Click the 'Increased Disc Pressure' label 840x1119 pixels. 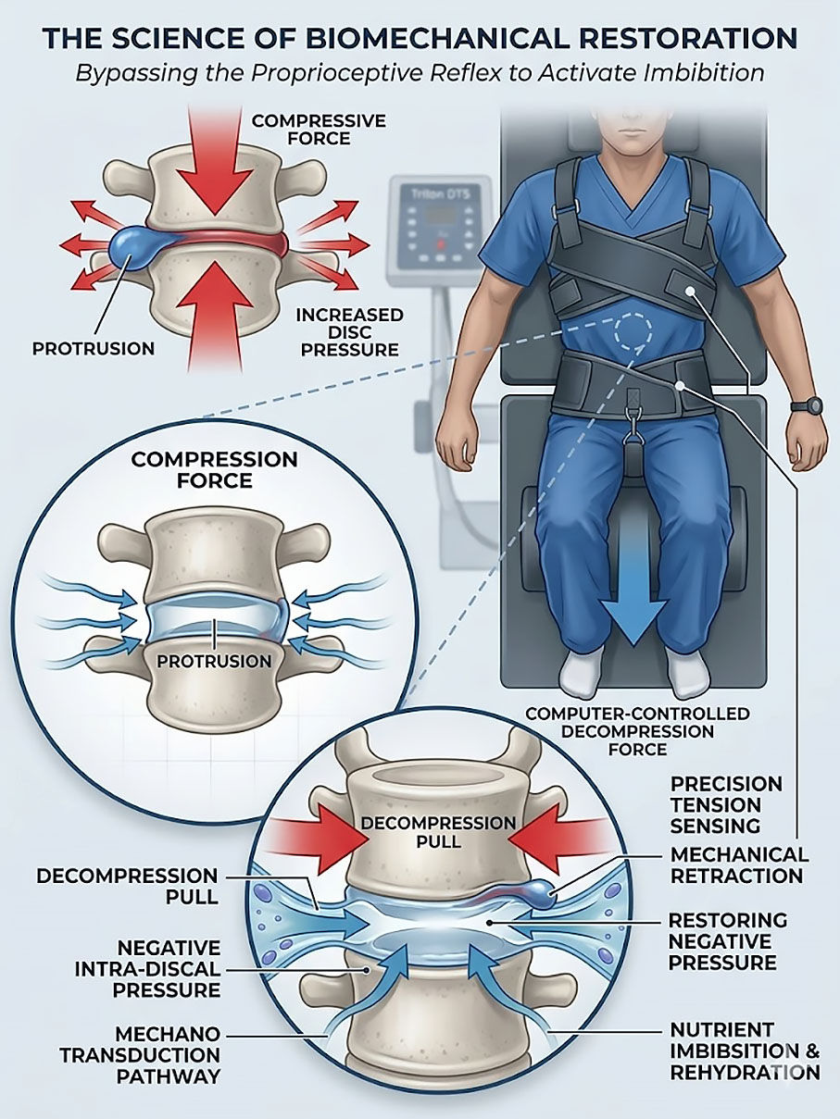(349, 331)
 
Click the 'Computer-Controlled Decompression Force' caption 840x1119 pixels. (637, 731)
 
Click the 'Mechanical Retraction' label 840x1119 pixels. (739, 864)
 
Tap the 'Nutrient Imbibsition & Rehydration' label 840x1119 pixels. (745, 1051)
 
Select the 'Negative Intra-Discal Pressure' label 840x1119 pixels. (169, 969)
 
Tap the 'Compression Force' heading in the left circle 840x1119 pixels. (214, 469)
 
